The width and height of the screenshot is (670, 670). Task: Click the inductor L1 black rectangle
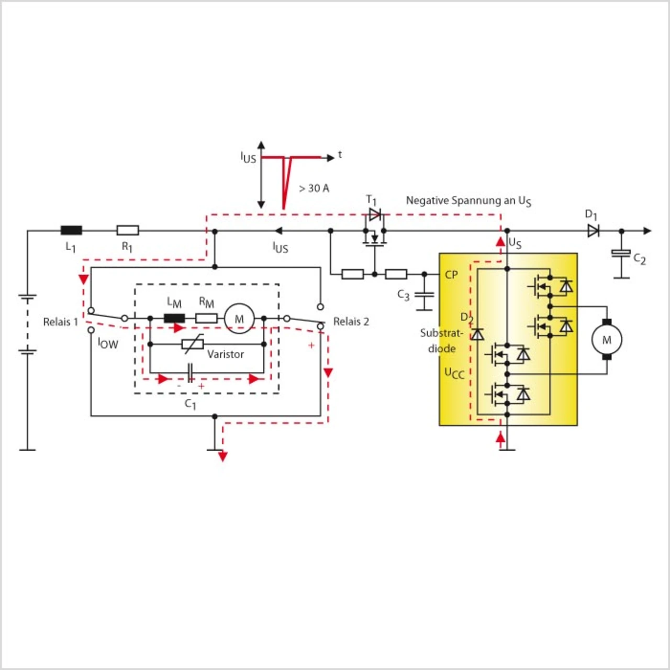(71, 230)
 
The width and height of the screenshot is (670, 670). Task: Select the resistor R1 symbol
(128, 230)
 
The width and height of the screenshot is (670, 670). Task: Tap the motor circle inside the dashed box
(239, 318)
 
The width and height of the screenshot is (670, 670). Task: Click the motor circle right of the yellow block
(607, 339)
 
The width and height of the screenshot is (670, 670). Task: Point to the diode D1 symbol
(593, 230)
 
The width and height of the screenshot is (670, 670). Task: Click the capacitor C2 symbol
(621, 254)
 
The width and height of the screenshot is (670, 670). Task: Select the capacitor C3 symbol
(424, 295)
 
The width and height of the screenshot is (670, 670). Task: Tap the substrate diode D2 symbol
(477, 334)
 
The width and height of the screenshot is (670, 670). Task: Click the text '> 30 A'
(314, 188)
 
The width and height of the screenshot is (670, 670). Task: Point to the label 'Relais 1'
(61, 322)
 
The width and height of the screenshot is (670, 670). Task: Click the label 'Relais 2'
(351, 321)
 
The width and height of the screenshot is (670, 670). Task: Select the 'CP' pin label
(451, 275)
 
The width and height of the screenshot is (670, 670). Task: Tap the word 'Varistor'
(226, 354)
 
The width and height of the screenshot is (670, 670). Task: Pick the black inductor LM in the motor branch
(174, 318)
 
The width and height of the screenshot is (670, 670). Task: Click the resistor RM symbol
(207, 318)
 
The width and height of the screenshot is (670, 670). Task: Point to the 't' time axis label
(340, 155)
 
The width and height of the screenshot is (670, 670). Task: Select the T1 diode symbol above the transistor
(375, 214)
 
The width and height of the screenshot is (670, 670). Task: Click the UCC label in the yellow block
(454, 373)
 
